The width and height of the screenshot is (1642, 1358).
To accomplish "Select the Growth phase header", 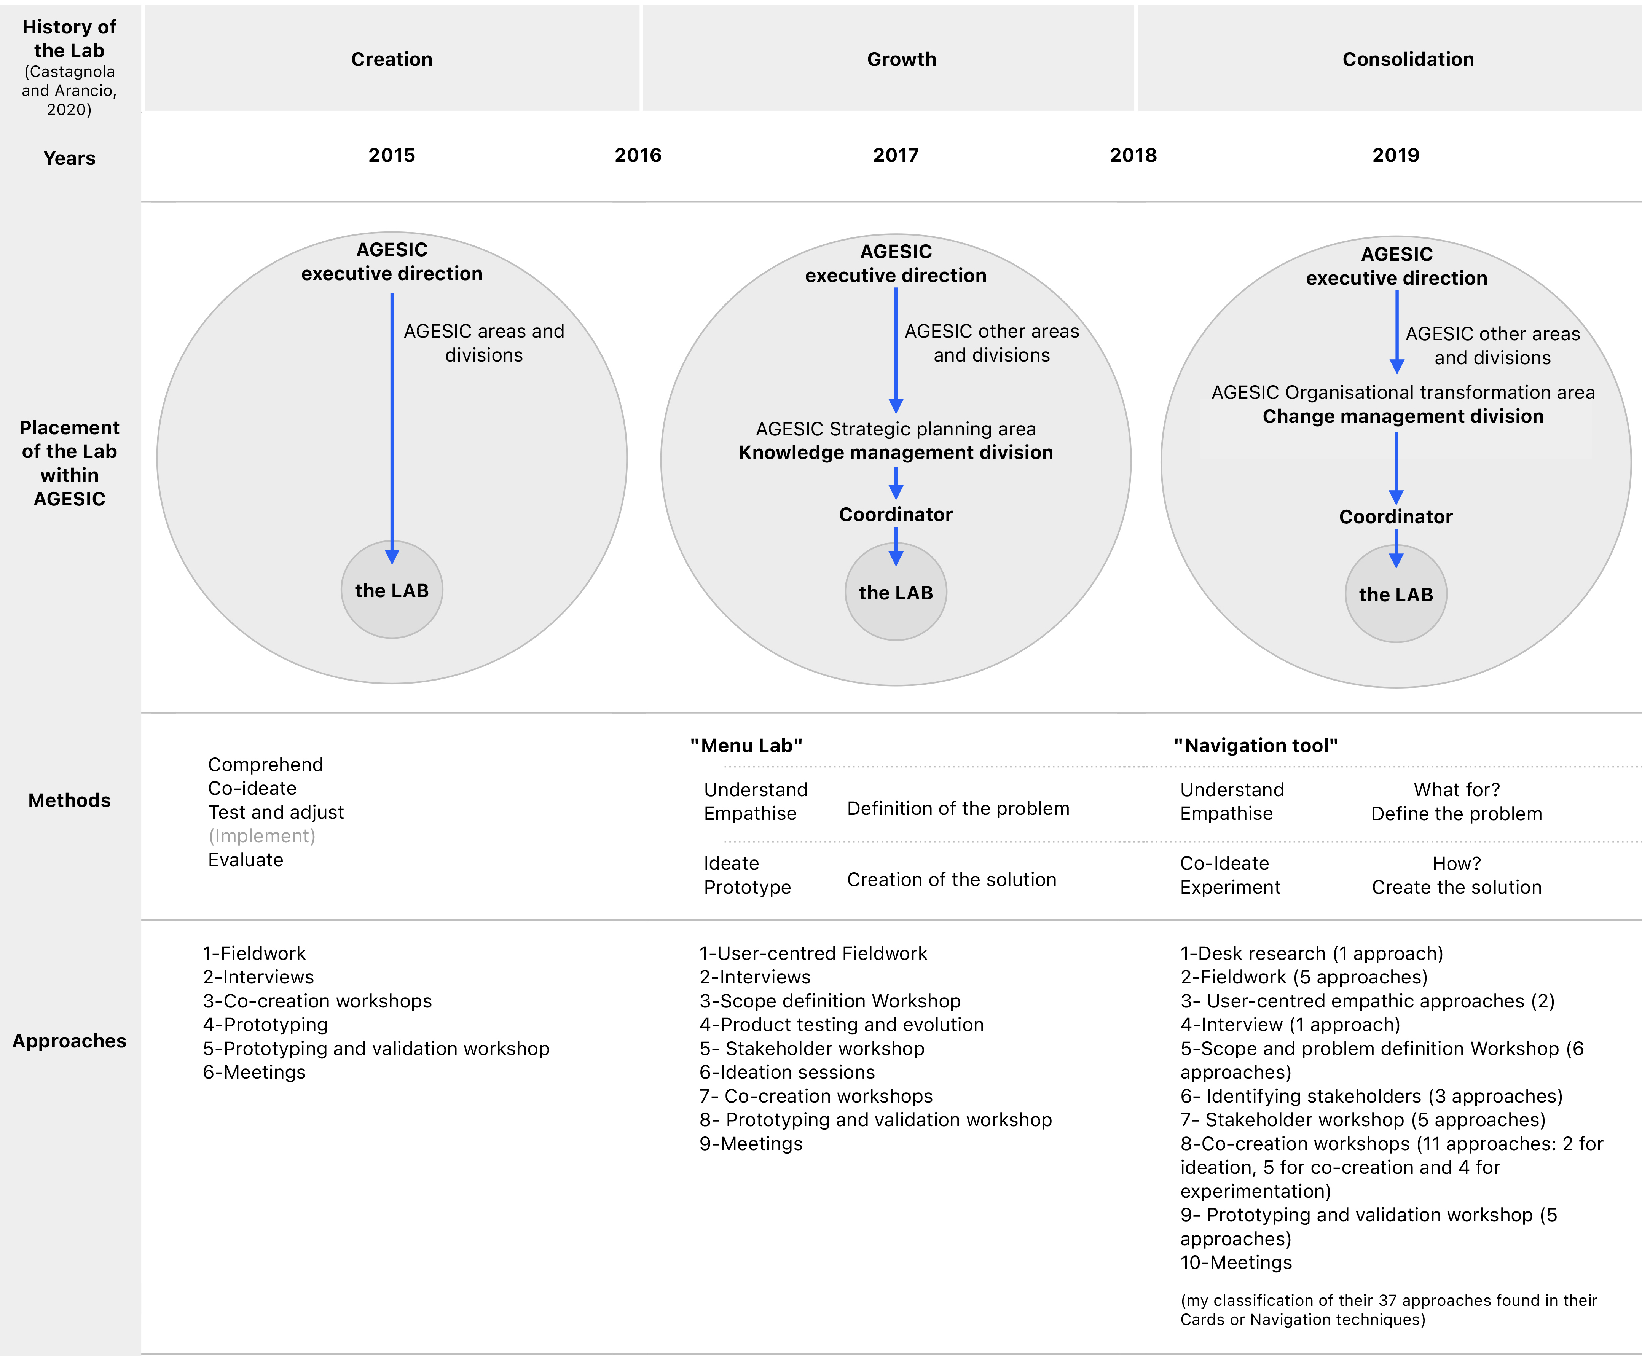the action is coord(902,59).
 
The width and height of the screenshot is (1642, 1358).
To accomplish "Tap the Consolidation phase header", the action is coord(1408,59).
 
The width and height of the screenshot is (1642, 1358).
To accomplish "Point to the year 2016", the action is coord(638,155).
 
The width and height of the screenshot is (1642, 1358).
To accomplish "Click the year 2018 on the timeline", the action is coord(1133,155).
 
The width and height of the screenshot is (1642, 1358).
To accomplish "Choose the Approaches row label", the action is coord(70,1041).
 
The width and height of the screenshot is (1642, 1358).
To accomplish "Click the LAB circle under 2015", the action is coord(392,590).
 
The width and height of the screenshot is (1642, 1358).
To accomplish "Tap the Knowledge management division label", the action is coord(896,453).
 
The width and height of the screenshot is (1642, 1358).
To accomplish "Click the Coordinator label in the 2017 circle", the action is coord(896,515).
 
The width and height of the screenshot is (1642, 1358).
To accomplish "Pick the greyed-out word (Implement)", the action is coord(262,836).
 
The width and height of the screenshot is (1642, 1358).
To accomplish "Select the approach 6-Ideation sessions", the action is coord(788,1072).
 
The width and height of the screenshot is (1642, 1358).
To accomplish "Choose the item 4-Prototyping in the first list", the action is coord(265,1024).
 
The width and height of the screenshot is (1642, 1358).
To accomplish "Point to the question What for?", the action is coord(1457,790).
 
